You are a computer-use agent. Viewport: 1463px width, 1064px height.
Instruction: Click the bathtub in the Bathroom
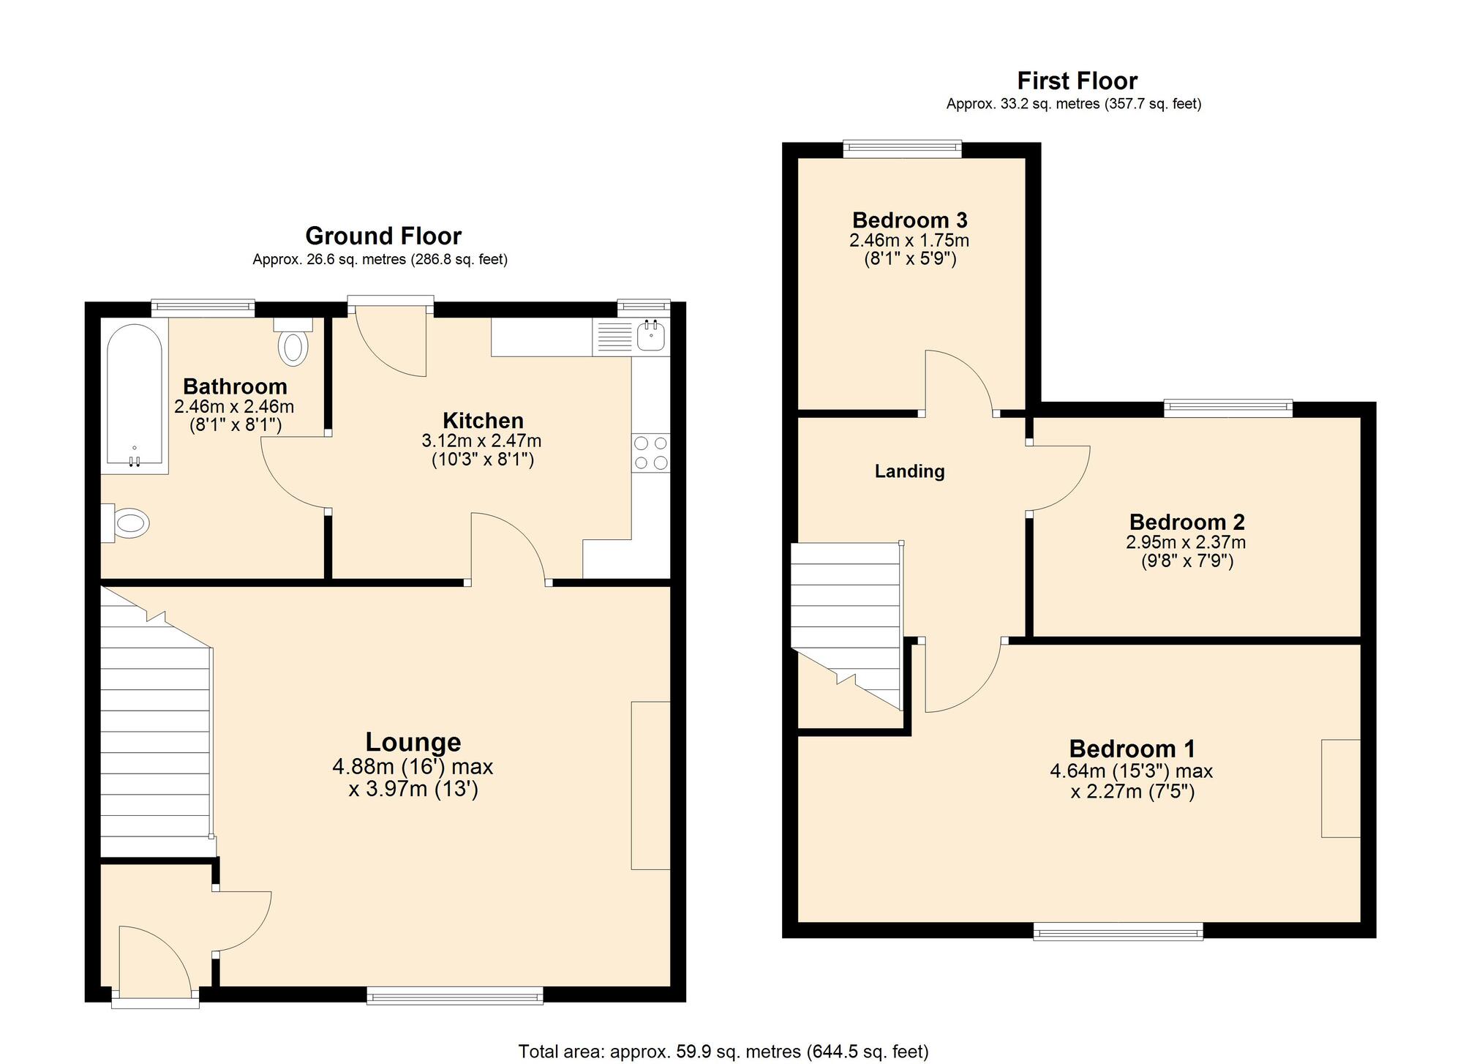[x=134, y=395]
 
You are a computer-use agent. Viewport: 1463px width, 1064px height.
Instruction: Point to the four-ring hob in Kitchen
[x=650, y=452]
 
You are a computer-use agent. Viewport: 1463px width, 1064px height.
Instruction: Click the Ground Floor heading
[x=383, y=236]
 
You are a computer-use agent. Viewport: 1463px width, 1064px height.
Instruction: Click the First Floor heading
[x=1077, y=80]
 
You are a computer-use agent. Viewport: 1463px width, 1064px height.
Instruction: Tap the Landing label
[x=909, y=471]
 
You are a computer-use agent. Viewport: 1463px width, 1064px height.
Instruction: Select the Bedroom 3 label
[x=909, y=220]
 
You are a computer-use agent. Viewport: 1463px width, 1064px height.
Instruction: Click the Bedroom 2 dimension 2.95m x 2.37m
[x=1185, y=542]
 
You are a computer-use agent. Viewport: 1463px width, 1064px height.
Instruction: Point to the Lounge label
[x=413, y=742]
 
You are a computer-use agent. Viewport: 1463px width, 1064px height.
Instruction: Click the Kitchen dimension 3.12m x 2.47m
[x=481, y=441]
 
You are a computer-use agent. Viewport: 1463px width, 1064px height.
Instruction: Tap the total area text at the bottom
[x=723, y=1052]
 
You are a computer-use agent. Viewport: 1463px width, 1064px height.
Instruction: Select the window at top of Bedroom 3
[x=902, y=149]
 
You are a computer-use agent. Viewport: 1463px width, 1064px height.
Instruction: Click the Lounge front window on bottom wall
[x=454, y=994]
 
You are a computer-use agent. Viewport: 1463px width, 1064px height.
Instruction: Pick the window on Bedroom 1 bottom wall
[x=1118, y=931]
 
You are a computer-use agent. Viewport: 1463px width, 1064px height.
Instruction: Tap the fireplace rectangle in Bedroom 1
[x=1340, y=788]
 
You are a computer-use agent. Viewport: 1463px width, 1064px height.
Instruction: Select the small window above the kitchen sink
[x=643, y=307]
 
